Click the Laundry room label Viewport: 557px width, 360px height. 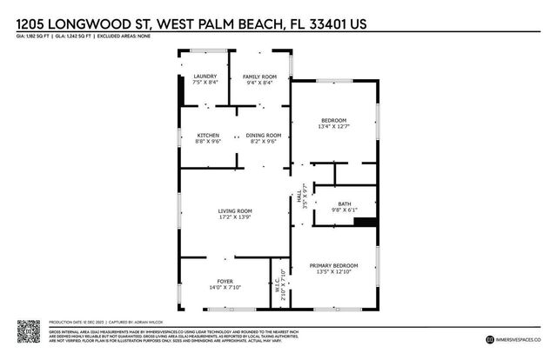tap(205, 77)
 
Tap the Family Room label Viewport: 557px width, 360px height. tap(258, 77)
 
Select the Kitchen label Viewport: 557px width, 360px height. tap(209, 135)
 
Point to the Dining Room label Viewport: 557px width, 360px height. tap(263, 135)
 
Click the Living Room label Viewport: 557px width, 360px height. tap(235, 210)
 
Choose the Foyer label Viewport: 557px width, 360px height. tap(225, 281)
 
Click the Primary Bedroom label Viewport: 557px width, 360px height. tap(334, 265)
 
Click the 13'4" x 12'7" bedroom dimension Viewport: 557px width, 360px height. tap(334, 127)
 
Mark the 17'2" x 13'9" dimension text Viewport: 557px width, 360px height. tap(235, 217)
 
